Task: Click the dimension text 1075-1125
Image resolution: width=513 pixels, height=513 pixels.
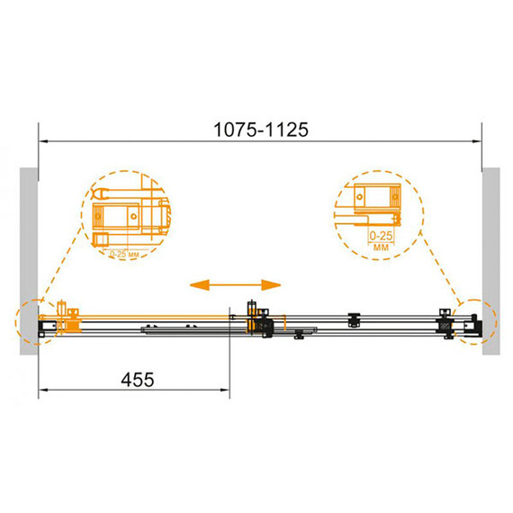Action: click(261, 130)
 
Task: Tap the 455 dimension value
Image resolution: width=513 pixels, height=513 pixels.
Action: click(138, 380)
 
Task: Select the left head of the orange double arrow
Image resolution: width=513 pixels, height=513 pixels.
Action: click(200, 285)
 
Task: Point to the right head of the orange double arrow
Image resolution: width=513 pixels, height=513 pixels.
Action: click(271, 285)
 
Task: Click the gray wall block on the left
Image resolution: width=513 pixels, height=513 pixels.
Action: click(29, 261)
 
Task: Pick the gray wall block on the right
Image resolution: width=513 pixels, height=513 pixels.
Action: click(491, 261)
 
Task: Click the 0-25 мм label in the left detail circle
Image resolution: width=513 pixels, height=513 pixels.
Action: click(124, 254)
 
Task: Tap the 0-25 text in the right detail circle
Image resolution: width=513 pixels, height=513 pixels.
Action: click(381, 236)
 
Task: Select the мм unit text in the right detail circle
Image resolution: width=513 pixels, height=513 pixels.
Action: click(382, 247)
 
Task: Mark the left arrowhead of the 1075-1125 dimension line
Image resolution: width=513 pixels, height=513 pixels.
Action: click(43, 141)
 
